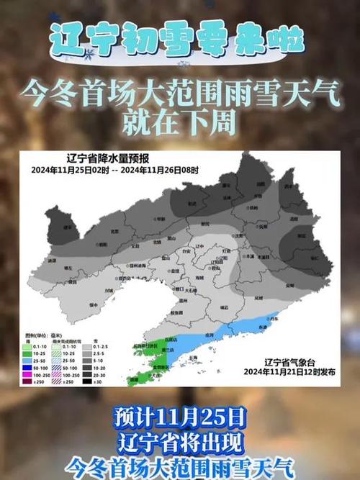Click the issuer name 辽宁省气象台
[288, 362]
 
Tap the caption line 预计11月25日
[180, 416]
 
